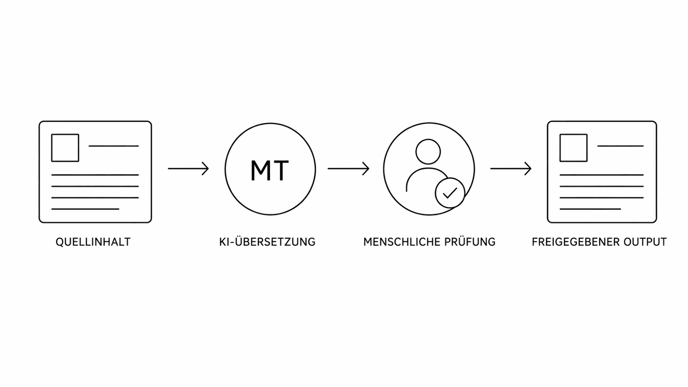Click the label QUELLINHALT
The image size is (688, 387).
tap(93, 242)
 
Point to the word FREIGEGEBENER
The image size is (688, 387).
tap(575, 242)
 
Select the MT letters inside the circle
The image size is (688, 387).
tap(270, 170)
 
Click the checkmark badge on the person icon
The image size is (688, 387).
tap(450, 193)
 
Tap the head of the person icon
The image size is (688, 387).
tap(428, 151)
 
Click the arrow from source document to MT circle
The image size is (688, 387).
tap(188, 169)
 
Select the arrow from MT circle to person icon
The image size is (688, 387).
tap(348, 169)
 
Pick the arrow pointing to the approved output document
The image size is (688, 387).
tap(511, 169)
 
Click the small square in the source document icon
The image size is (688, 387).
tap(65, 148)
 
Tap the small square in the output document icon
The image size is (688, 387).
tap(574, 148)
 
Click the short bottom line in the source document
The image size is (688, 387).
tap(85, 209)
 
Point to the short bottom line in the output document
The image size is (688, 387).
tap(590, 209)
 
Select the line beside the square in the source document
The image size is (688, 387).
tap(114, 146)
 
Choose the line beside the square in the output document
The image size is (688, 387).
tap(620, 146)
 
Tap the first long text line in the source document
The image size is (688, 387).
tap(95, 175)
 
